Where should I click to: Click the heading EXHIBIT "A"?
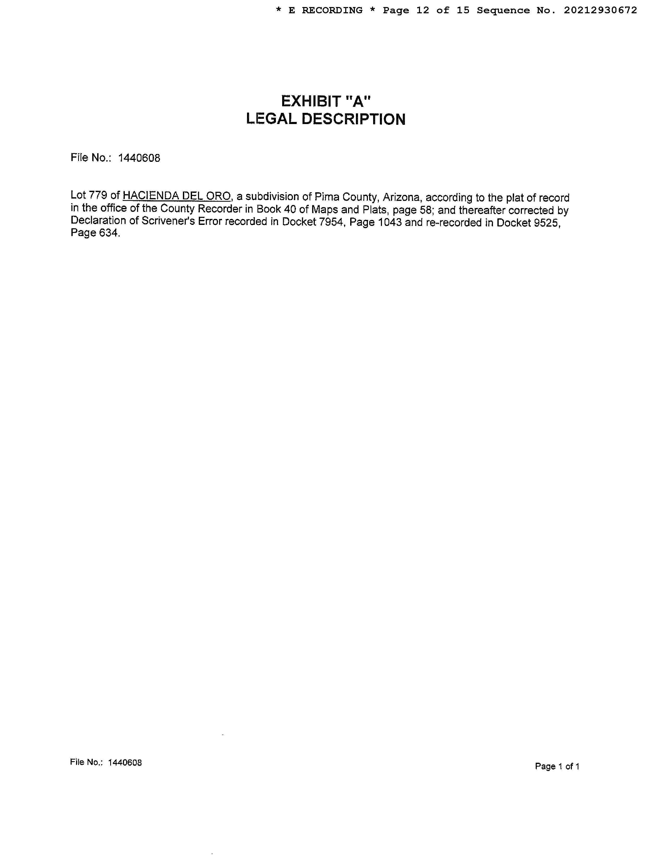pos(326,102)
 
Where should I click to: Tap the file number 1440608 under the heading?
pos(139,158)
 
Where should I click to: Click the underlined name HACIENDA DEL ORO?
pos(177,196)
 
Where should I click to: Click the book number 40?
pos(290,209)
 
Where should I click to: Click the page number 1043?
pos(390,223)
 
